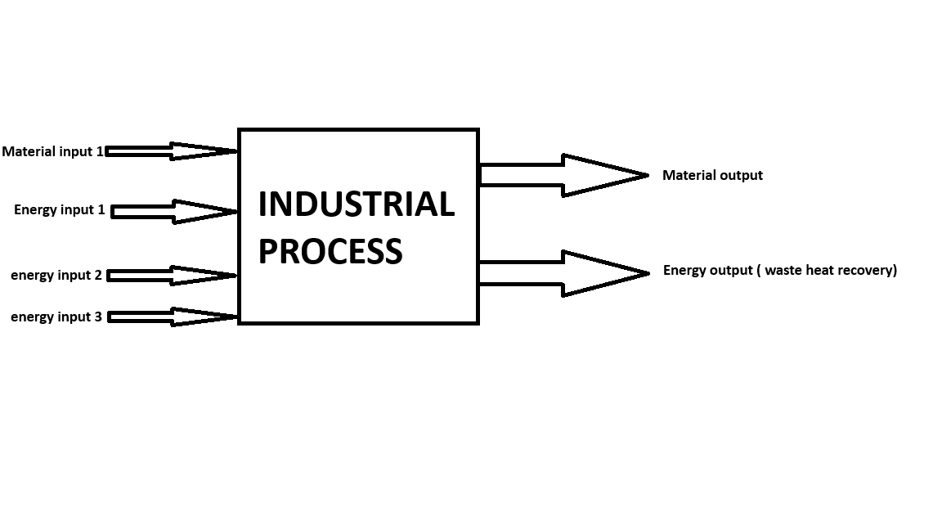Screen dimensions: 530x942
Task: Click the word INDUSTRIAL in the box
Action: [x=356, y=204]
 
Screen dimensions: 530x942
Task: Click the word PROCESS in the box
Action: [x=330, y=251]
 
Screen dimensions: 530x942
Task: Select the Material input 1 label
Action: [x=52, y=151]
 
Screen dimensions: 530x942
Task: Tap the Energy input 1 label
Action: [x=59, y=210]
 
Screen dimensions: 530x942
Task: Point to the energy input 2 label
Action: [x=56, y=276]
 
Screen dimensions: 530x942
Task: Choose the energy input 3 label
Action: [x=56, y=317]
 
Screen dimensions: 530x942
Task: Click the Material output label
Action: [x=712, y=175]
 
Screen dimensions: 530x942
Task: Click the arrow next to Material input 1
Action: [x=172, y=151]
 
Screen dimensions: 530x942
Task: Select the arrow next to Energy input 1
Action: [x=174, y=212]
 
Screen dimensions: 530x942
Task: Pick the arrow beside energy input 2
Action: [x=172, y=276]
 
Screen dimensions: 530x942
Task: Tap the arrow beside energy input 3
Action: [x=173, y=317]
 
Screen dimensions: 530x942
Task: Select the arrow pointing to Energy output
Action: [x=563, y=273]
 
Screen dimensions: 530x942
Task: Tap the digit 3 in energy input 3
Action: [x=98, y=317]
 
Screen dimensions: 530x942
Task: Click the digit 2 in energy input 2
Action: [x=98, y=276]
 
